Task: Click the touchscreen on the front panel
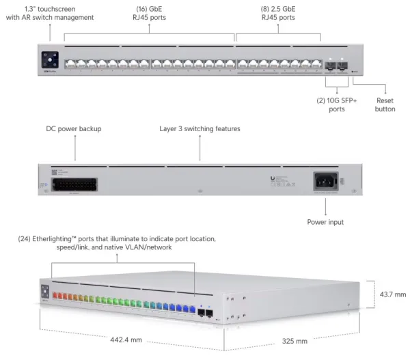pos(50,60)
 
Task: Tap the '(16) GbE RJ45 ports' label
pos(149,13)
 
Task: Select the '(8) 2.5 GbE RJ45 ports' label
pos(278,13)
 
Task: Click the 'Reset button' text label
pos(385,105)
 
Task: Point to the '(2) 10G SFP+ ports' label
pos(336,105)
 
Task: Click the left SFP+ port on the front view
pos(330,66)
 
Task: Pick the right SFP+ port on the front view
pos(342,66)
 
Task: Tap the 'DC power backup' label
pos(74,128)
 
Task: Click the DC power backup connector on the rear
pos(74,184)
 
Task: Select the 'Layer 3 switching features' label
pos(200,128)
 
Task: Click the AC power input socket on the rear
pos(326,182)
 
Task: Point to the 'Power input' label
pos(325,222)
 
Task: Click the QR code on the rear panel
pos(54,172)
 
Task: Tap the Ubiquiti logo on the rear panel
pos(273,178)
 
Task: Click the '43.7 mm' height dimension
pos(393,294)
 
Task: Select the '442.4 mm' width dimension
pos(126,340)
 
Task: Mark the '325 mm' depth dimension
pos(295,341)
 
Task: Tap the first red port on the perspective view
pos(55,295)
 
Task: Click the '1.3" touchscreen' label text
pos(50,9)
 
